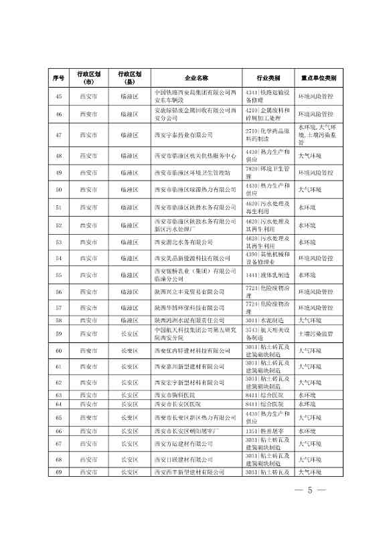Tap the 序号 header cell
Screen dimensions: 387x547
tap(58, 78)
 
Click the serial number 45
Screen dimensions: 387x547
tap(58, 96)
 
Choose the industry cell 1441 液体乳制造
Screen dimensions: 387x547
tap(264, 275)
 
